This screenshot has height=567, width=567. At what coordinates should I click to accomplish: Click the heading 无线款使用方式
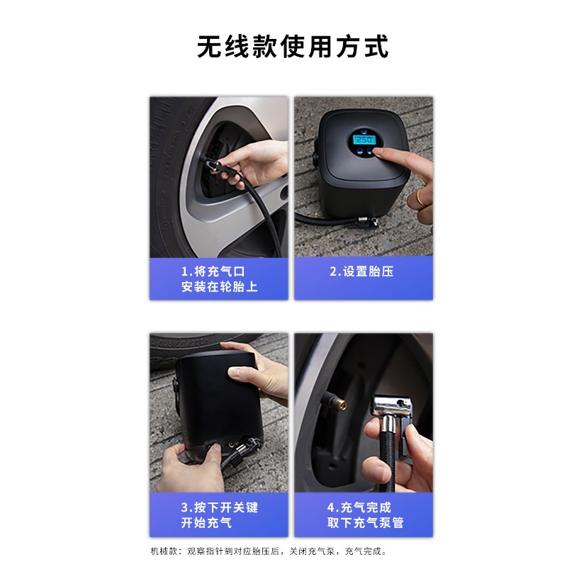[293, 46]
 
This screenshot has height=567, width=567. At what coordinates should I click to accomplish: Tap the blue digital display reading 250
[364, 140]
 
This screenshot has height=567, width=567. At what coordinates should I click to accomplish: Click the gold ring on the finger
[421, 197]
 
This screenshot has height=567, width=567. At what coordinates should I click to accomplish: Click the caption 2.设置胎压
[361, 271]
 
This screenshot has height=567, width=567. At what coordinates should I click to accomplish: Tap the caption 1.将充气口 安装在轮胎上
[220, 279]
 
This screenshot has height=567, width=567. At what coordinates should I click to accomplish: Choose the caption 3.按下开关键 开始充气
[220, 515]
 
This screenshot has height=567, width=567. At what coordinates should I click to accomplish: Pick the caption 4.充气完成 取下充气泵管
[365, 515]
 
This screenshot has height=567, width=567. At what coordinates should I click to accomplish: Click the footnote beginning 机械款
[269, 551]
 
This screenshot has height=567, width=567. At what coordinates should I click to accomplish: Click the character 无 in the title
[209, 46]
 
